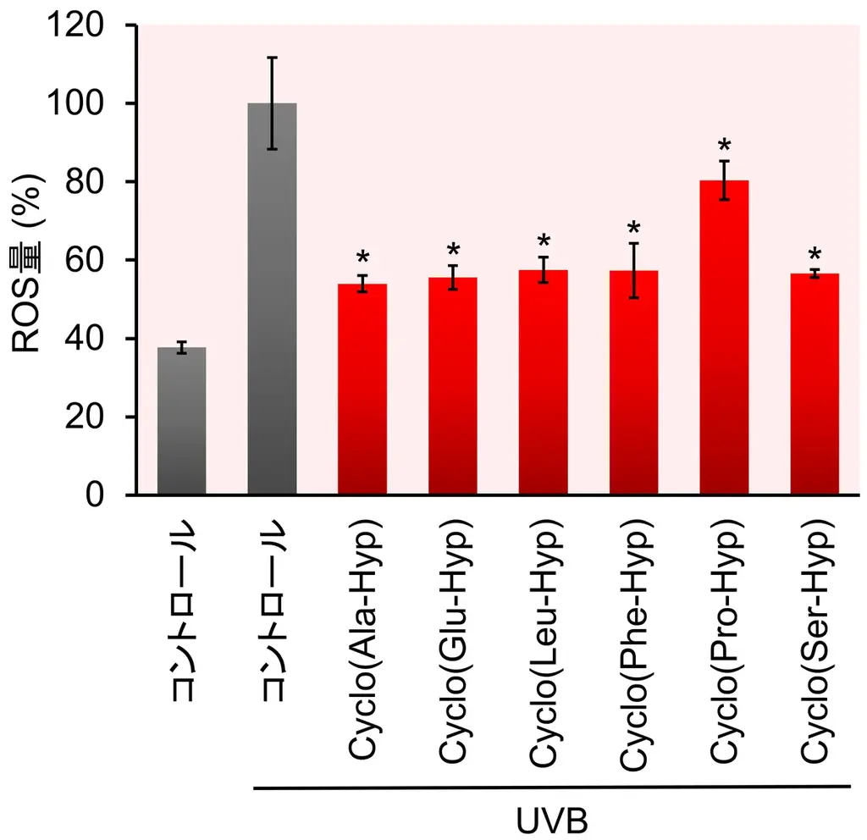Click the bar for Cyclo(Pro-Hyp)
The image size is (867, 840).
pyautogui.click(x=724, y=339)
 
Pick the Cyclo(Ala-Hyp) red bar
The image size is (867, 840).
pyautogui.click(x=362, y=390)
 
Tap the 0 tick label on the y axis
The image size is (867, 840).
pyautogui.click(x=107, y=495)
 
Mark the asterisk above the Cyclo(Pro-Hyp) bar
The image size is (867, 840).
pyautogui.click(x=724, y=146)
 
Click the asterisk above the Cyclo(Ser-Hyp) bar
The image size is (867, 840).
pyautogui.click(x=815, y=255)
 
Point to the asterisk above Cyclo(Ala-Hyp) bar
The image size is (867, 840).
pyautogui.click(x=362, y=258)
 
